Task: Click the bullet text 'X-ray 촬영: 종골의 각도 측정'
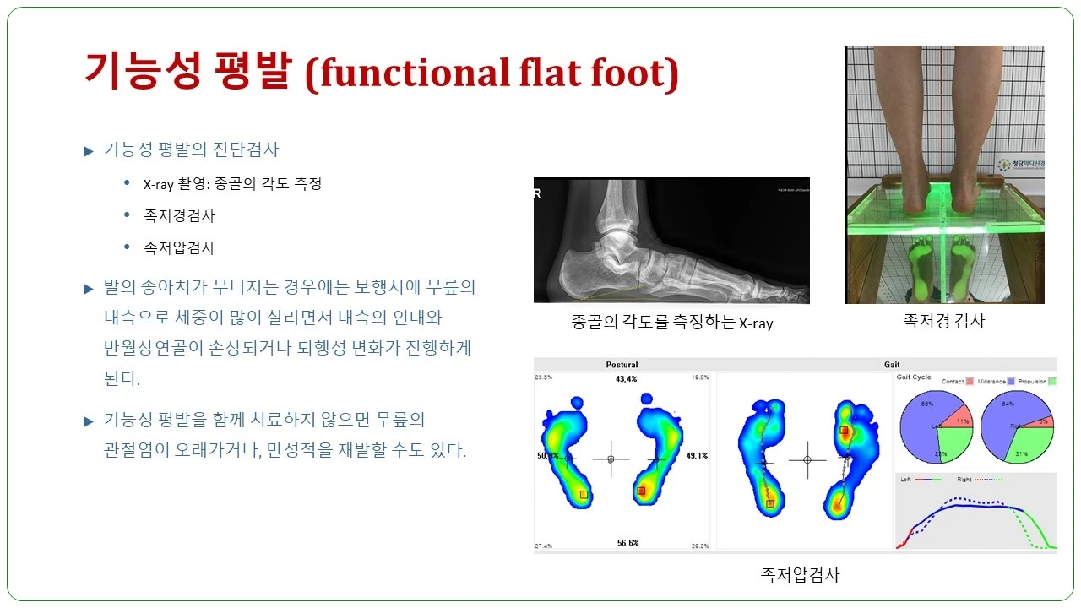pyautogui.click(x=232, y=183)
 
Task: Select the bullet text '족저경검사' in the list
pyautogui.click(x=179, y=215)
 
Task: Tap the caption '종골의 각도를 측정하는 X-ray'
pyautogui.click(x=671, y=323)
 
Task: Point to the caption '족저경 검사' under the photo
pyautogui.click(x=944, y=320)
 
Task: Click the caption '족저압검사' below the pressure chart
pyautogui.click(x=800, y=575)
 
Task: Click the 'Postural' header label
pyautogui.click(x=622, y=365)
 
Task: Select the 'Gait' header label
pyautogui.click(x=892, y=365)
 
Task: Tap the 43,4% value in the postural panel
pyautogui.click(x=626, y=379)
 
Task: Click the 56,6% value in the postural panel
pyautogui.click(x=626, y=545)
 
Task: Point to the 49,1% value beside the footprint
pyautogui.click(x=697, y=456)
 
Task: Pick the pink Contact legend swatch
pyautogui.click(x=970, y=382)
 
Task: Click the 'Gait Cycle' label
pyautogui.click(x=913, y=377)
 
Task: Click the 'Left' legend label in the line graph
pyautogui.click(x=906, y=480)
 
